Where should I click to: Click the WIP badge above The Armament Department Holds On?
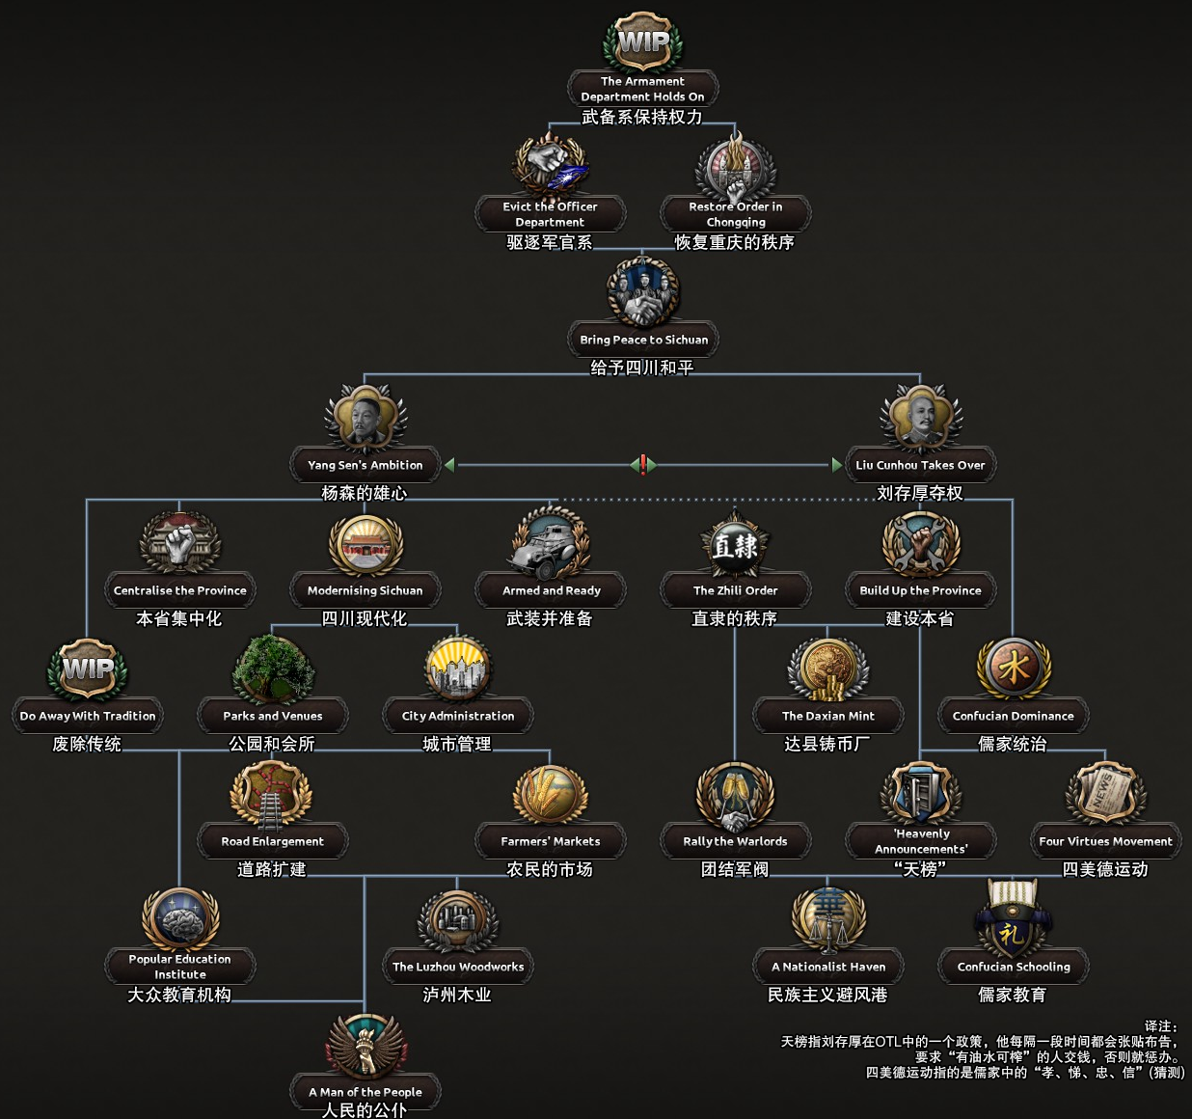coord(643,43)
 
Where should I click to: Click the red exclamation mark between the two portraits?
coord(643,464)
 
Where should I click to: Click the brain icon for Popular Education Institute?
coord(180,920)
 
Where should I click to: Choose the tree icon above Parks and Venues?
coord(273,669)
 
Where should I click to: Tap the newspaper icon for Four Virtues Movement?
coord(1105,794)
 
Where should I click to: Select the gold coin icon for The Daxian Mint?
coord(827,669)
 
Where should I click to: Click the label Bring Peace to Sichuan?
coord(643,340)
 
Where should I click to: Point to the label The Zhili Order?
coord(735,590)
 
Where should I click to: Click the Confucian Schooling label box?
coord(1014,967)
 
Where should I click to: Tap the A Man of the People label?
coord(365,1092)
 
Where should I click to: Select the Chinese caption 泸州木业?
coord(457,995)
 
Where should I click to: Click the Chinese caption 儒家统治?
coord(1013,744)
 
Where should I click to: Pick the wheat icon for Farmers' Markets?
coord(550,794)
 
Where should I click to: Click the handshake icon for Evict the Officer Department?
coord(550,162)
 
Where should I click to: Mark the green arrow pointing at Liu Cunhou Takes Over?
coord(837,464)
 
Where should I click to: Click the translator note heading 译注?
coord(1161,1025)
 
